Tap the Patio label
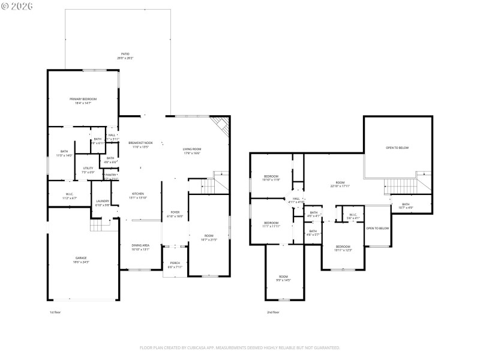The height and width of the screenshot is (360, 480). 125,56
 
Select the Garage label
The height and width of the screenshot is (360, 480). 81,259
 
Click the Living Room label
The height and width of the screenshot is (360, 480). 192,151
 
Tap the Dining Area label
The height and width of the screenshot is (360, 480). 140,247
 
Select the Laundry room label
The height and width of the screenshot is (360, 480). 103,203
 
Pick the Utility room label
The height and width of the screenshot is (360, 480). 88,170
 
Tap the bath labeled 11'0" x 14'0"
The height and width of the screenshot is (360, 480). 64,153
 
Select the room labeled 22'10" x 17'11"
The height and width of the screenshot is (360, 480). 340,184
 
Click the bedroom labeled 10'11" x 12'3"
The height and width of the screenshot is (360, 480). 343,248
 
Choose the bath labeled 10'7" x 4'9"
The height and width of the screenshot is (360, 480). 406,206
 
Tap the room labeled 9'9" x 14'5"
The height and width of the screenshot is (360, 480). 283,278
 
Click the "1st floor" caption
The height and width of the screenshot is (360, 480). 55,313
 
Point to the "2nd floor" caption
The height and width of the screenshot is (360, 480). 273,313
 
